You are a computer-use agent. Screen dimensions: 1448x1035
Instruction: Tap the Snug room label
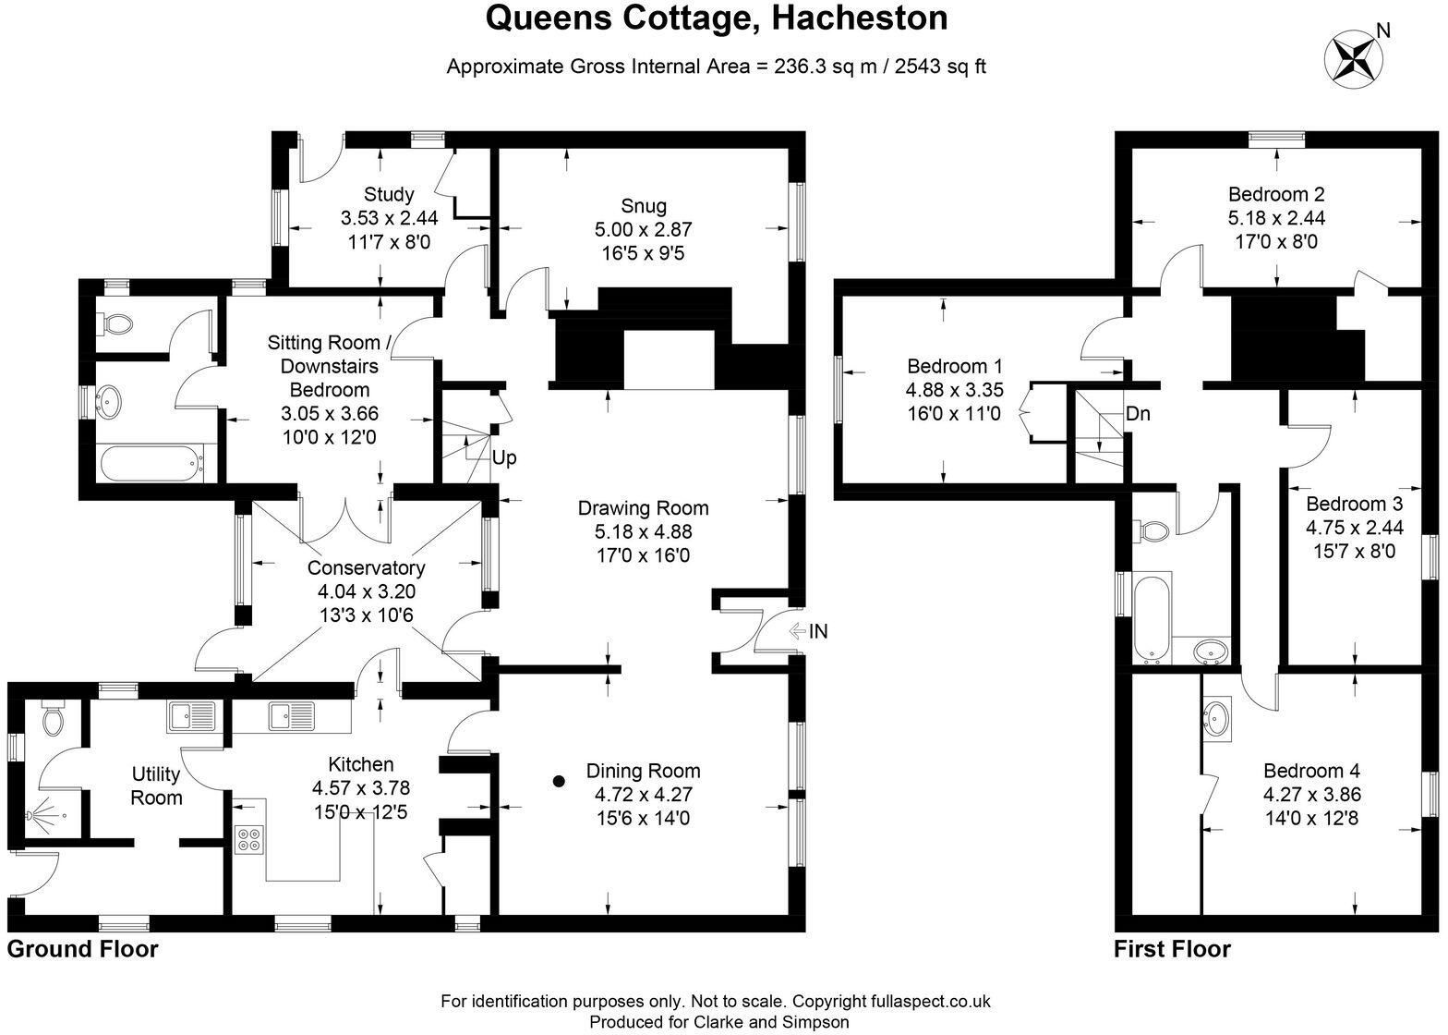click(x=643, y=206)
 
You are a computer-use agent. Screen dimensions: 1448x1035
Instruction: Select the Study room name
click(x=389, y=194)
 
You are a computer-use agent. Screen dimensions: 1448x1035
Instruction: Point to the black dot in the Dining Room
click(x=560, y=782)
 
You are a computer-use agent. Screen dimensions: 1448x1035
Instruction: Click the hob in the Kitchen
click(x=249, y=840)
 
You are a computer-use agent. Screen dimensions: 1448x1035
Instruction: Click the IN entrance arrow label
click(x=809, y=630)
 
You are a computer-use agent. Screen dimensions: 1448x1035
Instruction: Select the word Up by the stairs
click(x=504, y=458)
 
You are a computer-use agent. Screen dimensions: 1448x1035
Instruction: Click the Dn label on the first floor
click(x=1138, y=413)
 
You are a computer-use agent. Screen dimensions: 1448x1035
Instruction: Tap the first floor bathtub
click(x=1152, y=617)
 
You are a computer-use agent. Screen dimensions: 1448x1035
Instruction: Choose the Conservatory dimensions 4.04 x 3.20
click(x=366, y=591)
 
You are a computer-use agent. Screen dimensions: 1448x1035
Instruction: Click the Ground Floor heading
click(x=83, y=949)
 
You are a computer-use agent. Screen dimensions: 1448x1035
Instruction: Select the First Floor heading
click(x=1172, y=949)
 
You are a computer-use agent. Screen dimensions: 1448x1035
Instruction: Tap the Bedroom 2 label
click(x=1276, y=194)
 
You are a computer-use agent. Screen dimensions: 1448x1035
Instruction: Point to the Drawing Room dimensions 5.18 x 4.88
click(x=643, y=531)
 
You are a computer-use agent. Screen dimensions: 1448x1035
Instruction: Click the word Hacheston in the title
click(x=859, y=18)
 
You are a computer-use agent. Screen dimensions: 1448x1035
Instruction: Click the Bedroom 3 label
click(x=1354, y=504)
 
